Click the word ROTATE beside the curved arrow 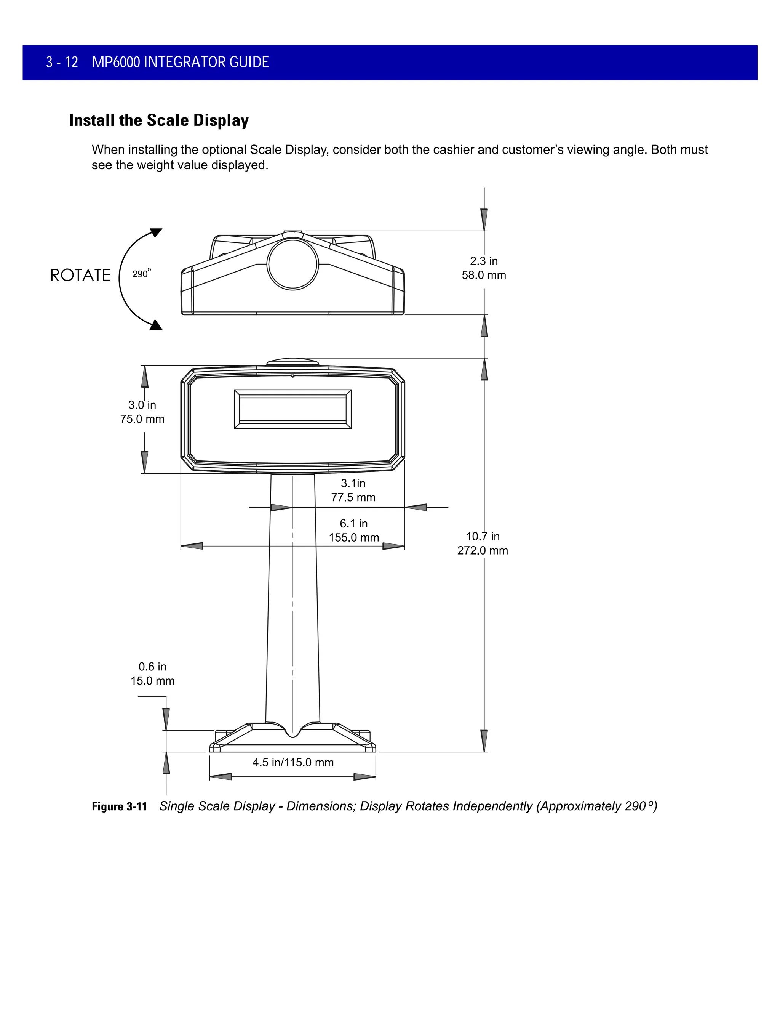[80, 276]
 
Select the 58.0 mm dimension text [484, 275]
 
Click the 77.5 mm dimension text [353, 498]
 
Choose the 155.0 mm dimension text [353, 537]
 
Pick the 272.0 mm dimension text [483, 550]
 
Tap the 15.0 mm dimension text [152, 681]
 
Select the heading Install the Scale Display [158, 120]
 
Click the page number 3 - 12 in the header [62, 62]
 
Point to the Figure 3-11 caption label [119, 806]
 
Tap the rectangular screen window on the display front [292, 409]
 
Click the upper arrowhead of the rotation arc [157, 232]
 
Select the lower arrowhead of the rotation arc [157, 325]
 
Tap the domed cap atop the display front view [292, 362]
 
